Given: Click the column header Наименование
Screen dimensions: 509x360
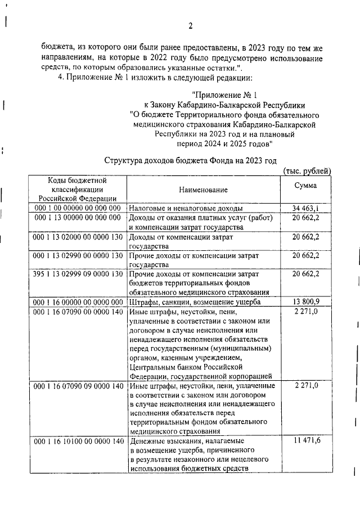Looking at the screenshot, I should click(x=204, y=191).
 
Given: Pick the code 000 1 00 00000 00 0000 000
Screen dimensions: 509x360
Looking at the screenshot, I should click(x=78, y=209).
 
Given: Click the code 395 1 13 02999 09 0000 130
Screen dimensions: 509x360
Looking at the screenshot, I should click(x=78, y=274).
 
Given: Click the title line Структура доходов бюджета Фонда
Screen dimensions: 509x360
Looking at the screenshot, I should click(x=191, y=161).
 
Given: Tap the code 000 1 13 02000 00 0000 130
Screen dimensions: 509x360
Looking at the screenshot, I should click(x=78, y=237).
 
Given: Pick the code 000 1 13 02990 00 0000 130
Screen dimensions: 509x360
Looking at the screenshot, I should click(x=78, y=256).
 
